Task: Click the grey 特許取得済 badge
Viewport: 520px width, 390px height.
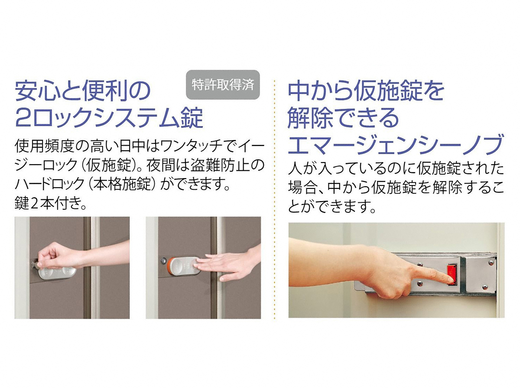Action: tap(223, 84)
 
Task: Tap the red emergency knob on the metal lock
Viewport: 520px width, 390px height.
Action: tap(451, 274)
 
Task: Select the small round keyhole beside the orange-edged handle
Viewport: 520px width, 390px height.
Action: tap(163, 261)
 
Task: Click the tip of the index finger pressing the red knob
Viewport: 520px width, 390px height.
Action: tap(451, 281)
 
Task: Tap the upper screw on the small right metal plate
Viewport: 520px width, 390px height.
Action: tap(491, 262)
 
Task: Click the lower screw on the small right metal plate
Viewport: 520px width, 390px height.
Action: tap(485, 287)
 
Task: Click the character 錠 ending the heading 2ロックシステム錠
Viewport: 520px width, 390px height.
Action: tap(191, 117)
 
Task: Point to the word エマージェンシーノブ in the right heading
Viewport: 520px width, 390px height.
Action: tap(395, 144)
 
